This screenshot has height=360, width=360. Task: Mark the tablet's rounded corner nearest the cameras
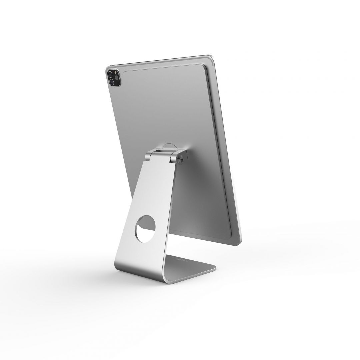[108, 69]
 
